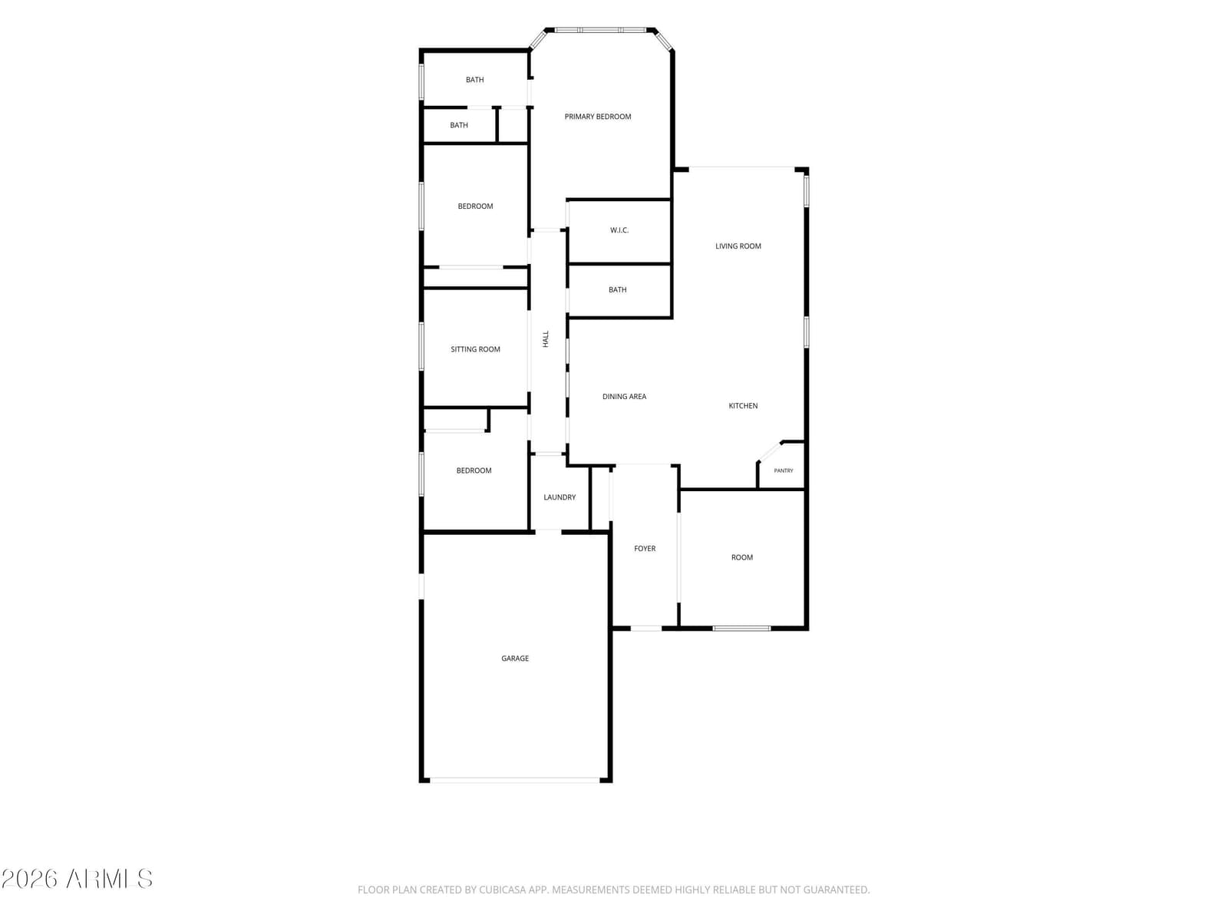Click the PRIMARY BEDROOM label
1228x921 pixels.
click(x=597, y=117)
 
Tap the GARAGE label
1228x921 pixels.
click(x=515, y=659)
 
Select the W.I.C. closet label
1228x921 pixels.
click(x=619, y=229)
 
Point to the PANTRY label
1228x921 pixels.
click(x=784, y=470)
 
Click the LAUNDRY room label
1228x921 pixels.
click(x=560, y=497)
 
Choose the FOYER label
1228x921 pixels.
click(x=645, y=549)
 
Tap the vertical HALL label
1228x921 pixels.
click(x=546, y=339)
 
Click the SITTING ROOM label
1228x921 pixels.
click(x=475, y=349)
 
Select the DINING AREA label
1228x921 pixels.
click(x=624, y=397)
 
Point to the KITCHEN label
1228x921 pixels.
click(x=743, y=405)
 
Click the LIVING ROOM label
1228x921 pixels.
click(x=738, y=246)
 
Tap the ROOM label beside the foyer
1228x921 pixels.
click(x=742, y=557)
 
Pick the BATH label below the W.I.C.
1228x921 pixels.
click(x=617, y=289)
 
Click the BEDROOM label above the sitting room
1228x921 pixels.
click(x=475, y=206)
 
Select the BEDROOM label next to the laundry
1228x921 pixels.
click(x=474, y=470)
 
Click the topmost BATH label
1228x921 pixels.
click(x=474, y=79)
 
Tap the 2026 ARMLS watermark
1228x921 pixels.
click(x=77, y=879)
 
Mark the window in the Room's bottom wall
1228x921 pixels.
click(x=741, y=629)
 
